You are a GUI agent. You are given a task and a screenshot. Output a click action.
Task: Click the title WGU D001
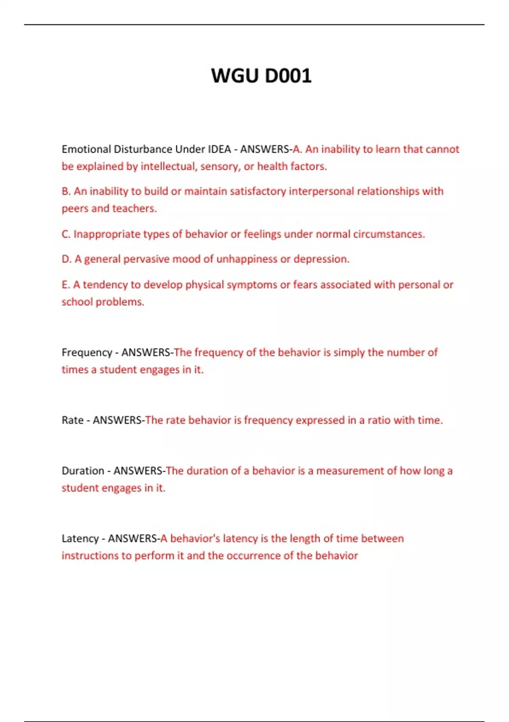(x=261, y=76)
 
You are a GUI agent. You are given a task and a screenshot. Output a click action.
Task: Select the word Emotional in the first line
(x=87, y=149)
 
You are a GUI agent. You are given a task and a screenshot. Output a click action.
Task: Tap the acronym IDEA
(x=219, y=149)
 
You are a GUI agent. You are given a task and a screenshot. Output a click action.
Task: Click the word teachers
(x=134, y=209)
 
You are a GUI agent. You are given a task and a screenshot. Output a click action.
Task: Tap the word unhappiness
(x=246, y=259)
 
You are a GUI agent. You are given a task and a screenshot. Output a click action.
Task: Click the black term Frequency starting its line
(x=87, y=353)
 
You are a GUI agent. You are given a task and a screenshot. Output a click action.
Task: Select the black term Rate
(x=73, y=420)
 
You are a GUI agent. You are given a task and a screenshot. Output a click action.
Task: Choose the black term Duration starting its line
(x=83, y=471)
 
